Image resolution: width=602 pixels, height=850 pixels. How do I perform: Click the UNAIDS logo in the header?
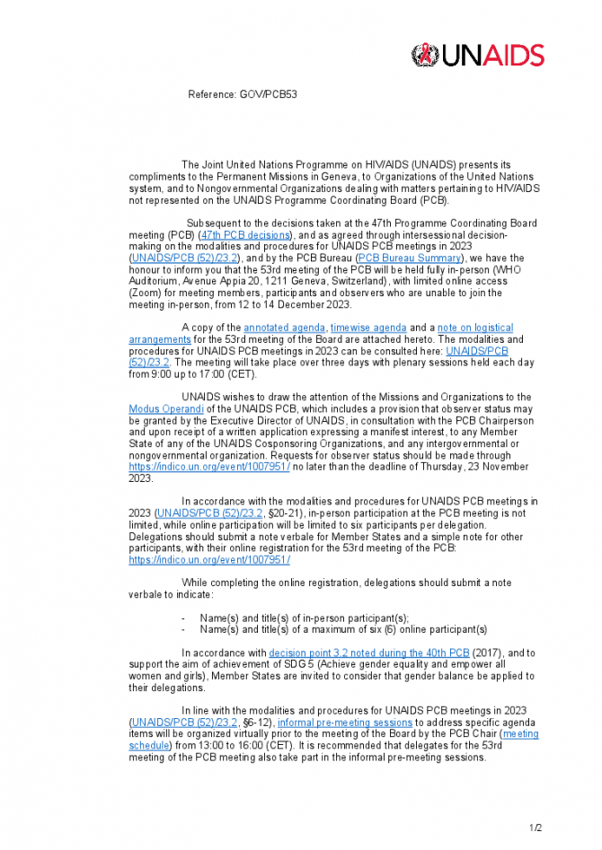click(477, 55)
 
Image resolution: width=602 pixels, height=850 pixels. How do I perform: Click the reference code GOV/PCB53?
click(243, 94)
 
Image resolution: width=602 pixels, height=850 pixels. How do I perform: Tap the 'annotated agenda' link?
click(284, 329)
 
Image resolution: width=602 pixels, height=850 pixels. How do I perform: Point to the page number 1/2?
click(536, 827)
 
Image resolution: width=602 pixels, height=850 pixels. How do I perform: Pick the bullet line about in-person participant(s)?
click(304, 618)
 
